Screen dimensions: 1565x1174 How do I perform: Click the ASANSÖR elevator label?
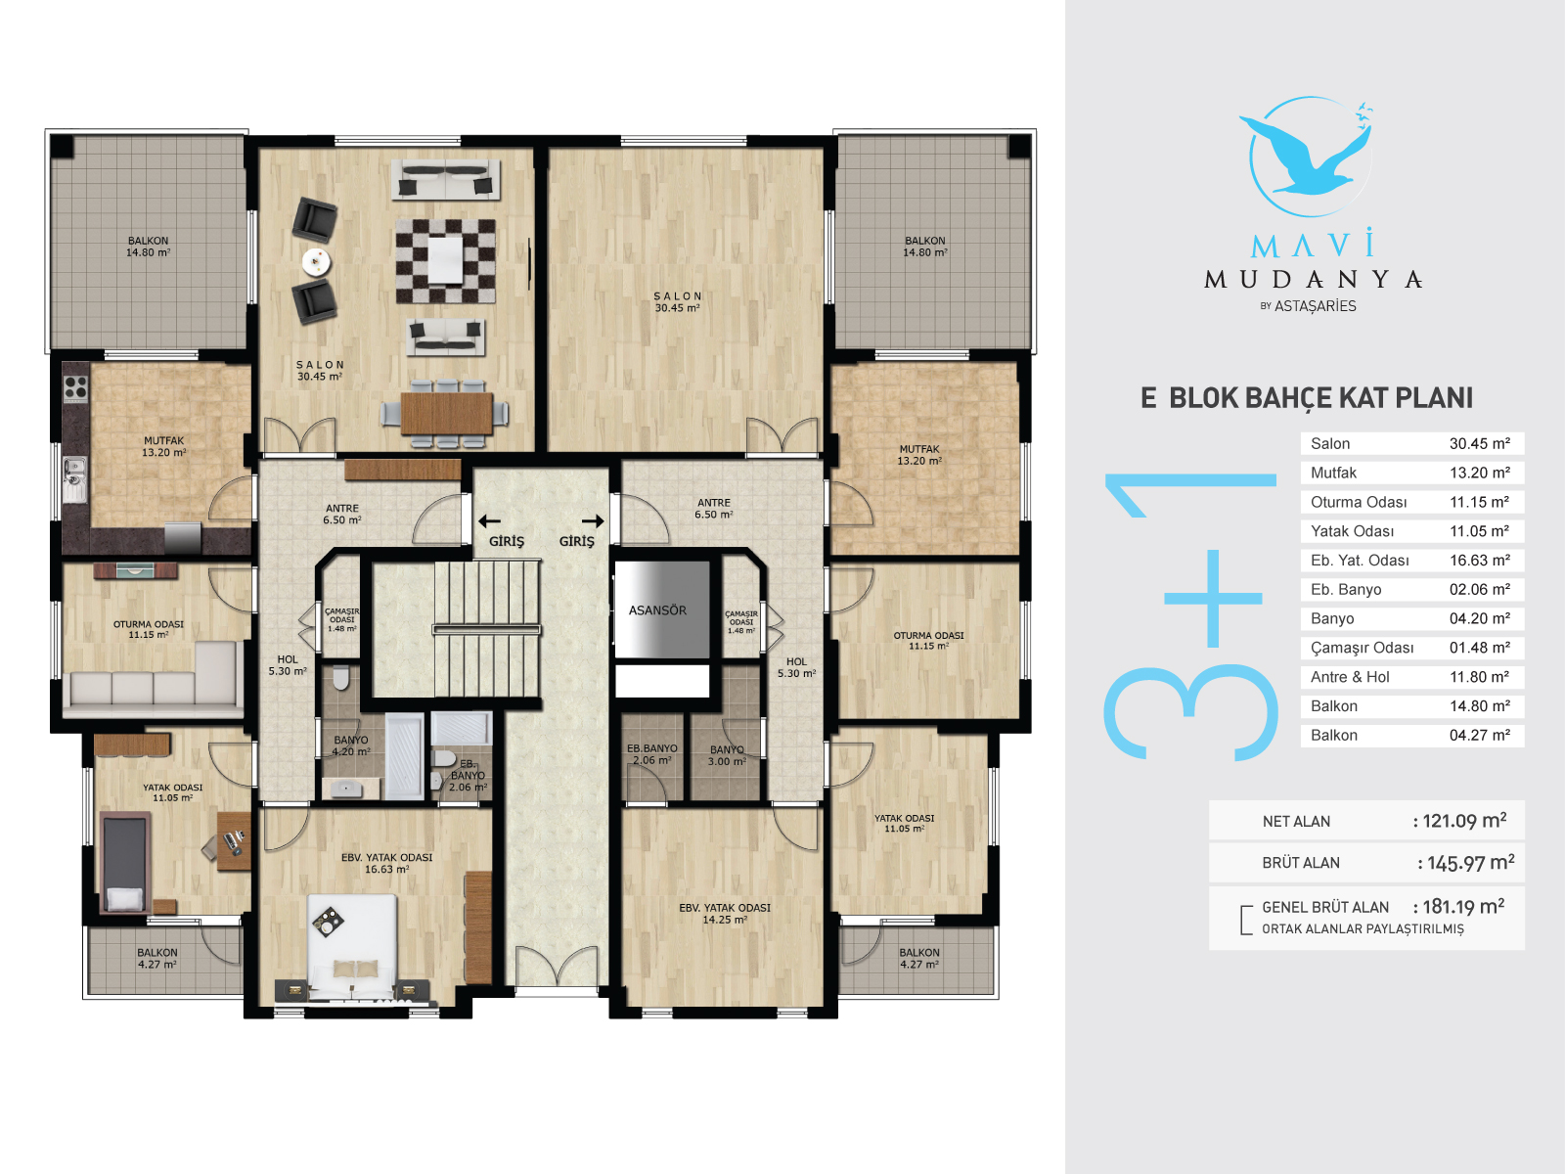(657, 610)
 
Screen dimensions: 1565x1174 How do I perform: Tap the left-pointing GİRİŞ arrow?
(489, 521)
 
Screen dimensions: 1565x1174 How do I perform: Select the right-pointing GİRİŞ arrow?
(593, 521)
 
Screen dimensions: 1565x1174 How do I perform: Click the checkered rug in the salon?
(446, 261)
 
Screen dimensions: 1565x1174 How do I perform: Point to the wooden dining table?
(446, 413)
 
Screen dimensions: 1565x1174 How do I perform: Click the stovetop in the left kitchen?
(75, 387)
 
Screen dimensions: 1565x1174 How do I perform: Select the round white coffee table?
(316, 262)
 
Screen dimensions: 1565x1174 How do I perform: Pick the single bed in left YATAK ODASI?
(125, 863)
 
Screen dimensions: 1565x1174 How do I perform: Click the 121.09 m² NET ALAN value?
(1464, 821)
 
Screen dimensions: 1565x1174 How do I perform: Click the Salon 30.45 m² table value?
(1480, 443)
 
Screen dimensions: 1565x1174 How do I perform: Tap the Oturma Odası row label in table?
(1359, 502)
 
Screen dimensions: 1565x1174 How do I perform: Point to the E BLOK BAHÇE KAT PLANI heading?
(1306, 398)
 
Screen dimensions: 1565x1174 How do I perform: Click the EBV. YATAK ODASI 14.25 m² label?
(725, 913)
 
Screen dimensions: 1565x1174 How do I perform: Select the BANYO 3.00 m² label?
(727, 755)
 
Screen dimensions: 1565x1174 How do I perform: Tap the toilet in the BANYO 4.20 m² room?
(340, 679)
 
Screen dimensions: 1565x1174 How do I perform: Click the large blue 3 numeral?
(1190, 712)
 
